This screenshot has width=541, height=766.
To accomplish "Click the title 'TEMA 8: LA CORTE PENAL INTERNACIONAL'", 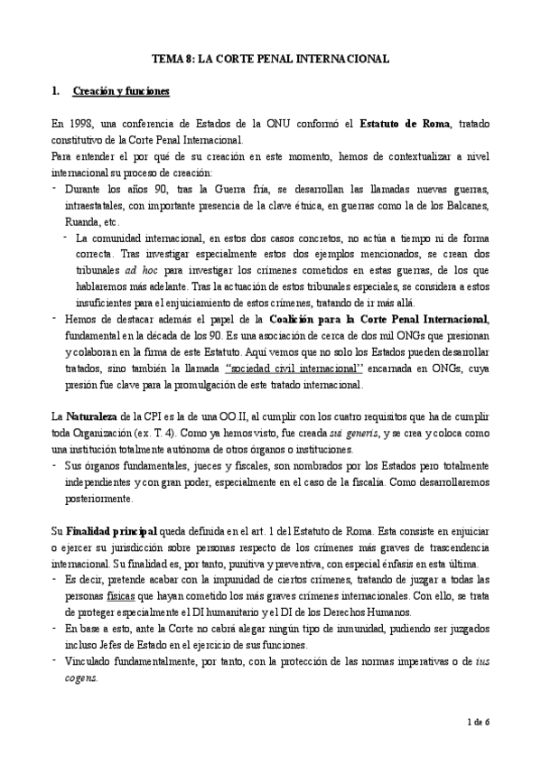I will coord(270,58).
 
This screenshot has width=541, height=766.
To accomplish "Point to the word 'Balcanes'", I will coord(460,206).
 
